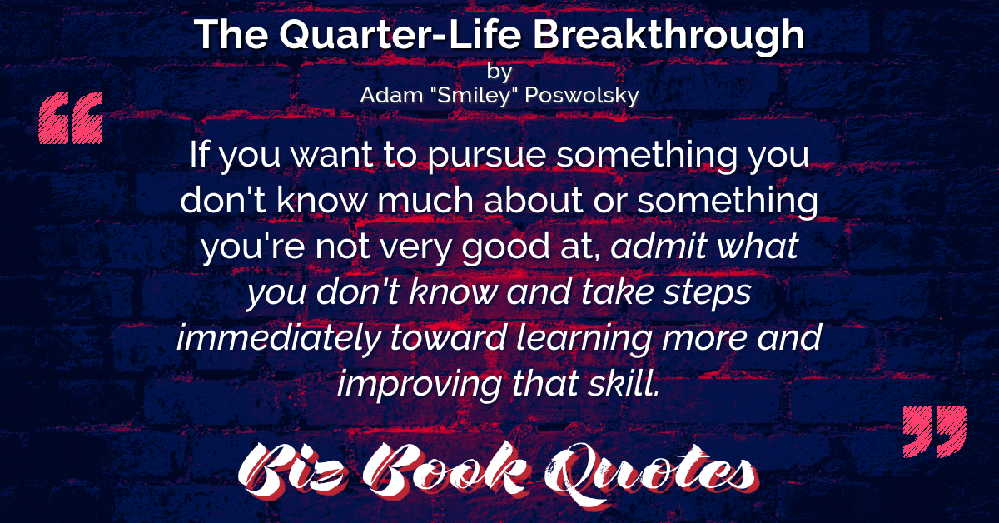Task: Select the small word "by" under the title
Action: tap(499, 72)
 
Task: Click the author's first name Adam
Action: tap(391, 95)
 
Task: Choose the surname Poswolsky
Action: tap(582, 96)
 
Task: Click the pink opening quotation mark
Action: tap(71, 117)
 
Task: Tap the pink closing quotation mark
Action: tap(935, 431)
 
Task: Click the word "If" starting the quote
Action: tap(199, 153)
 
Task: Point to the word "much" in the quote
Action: tap(425, 200)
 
